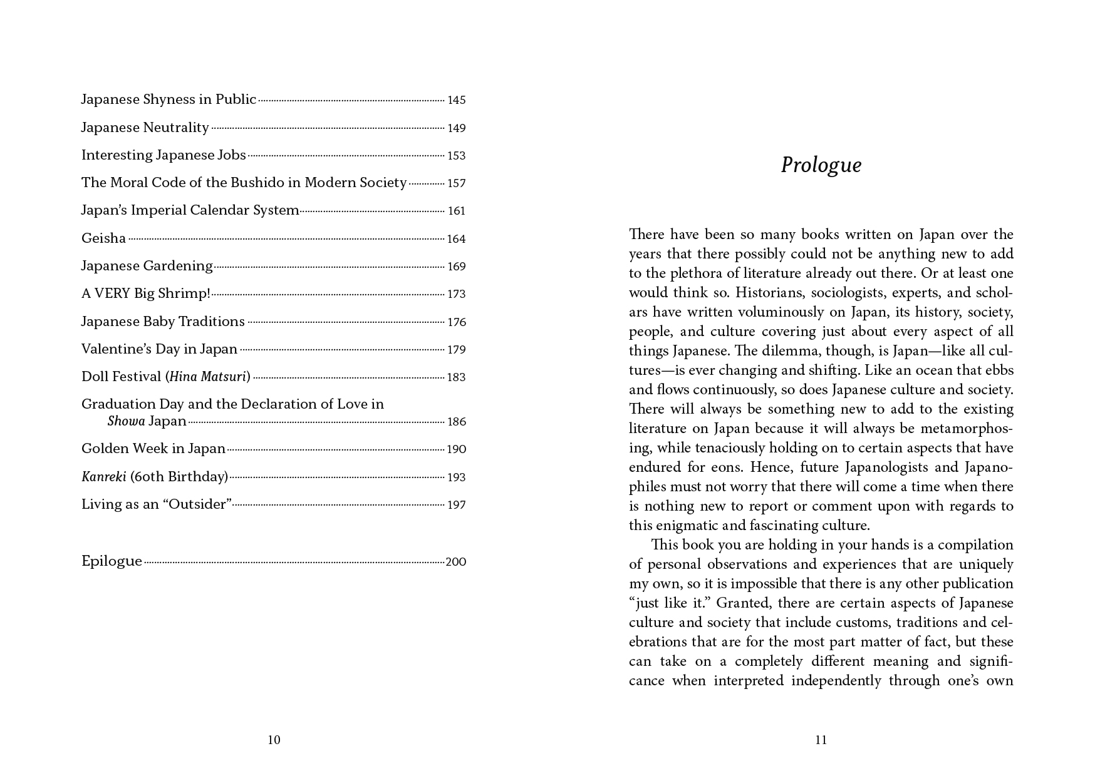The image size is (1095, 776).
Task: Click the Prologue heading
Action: [x=821, y=165]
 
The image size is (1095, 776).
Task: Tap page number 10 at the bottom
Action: [x=274, y=740]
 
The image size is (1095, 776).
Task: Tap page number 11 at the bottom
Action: [x=821, y=740]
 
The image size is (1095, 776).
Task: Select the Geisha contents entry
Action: [x=103, y=238]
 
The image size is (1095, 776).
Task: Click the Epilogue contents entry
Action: [x=112, y=561]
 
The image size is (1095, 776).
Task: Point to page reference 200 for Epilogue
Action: [x=455, y=562]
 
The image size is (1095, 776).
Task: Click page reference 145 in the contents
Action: [x=456, y=100]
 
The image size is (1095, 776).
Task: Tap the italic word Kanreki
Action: [x=103, y=477]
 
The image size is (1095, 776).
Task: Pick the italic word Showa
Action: [x=126, y=421]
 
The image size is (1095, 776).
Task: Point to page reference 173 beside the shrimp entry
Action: [x=456, y=294]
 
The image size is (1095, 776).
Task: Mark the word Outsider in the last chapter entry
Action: [x=198, y=504]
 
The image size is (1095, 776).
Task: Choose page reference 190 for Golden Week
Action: [x=456, y=449]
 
